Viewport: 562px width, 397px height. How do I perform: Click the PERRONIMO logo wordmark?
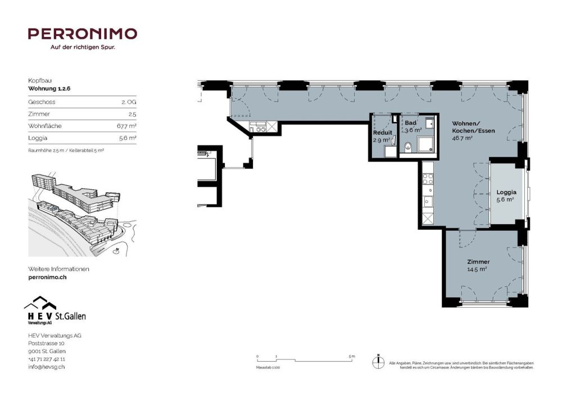[x=82, y=34]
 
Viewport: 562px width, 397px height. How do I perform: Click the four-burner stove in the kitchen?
[x=427, y=180]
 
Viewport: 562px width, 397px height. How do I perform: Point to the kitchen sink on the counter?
[x=427, y=200]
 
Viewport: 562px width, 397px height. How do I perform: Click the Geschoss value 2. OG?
[x=129, y=102]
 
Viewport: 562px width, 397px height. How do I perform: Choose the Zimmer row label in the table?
[x=37, y=114]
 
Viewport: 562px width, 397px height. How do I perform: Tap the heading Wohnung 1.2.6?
[x=49, y=89]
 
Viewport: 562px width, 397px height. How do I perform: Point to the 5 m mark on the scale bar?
[x=352, y=357]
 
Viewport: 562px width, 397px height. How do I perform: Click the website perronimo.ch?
[x=47, y=277]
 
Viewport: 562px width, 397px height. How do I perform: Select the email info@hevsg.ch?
[x=46, y=367]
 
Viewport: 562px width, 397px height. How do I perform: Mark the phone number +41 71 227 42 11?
[x=47, y=359]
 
